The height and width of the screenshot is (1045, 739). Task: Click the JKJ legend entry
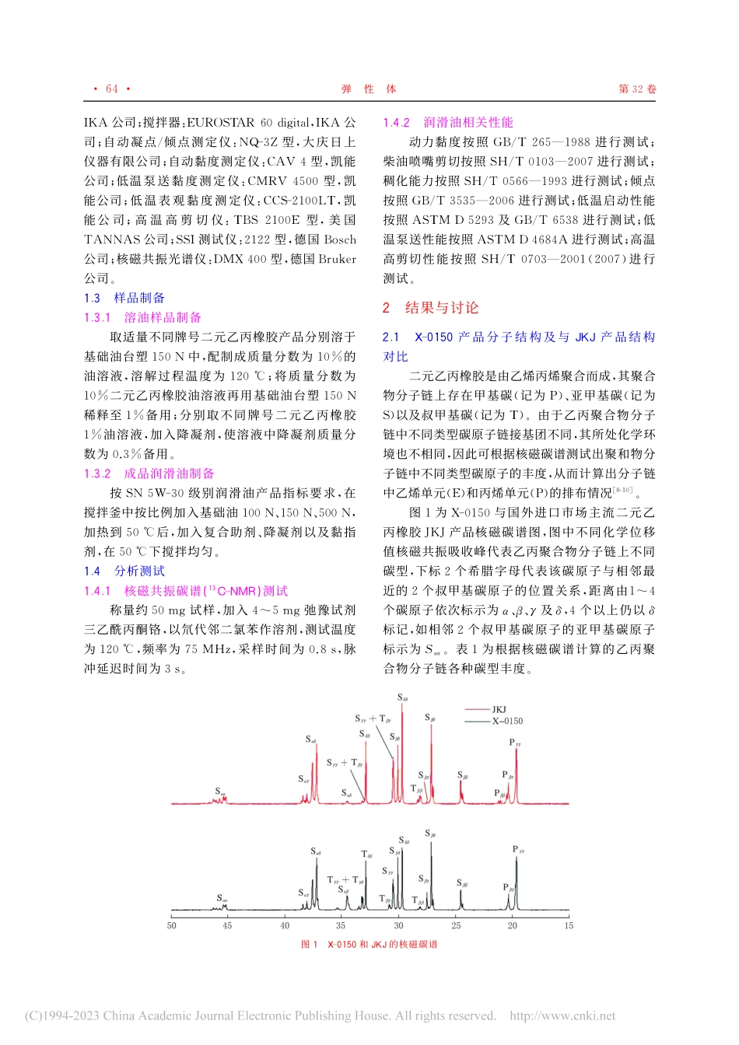click(x=499, y=709)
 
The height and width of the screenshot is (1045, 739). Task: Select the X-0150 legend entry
click(x=506, y=721)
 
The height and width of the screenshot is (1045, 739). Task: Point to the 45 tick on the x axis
click(x=227, y=925)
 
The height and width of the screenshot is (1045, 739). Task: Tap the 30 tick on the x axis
click(x=398, y=925)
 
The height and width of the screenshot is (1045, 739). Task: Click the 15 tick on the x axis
click(x=569, y=925)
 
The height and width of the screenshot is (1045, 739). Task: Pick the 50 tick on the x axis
click(x=171, y=925)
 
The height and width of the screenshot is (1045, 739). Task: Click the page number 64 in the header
click(x=112, y=89)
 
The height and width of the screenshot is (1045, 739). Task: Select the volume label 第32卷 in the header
click(x=637, y=89)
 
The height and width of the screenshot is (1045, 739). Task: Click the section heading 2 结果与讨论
click(x=431, y=308)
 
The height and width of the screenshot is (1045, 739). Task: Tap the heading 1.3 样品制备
click(x=124, y=298)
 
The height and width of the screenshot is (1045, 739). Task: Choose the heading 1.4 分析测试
click(x=124, y=571)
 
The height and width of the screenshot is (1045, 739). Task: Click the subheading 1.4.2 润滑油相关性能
click(x=448, y=122)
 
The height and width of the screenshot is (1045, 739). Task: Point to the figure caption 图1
click(x=369, y=944)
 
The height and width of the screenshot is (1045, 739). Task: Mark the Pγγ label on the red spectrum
click(x=515, y=743)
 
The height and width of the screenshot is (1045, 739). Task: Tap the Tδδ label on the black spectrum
click(x=366, y=855)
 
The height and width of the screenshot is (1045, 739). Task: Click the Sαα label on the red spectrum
click(x=220, y=792)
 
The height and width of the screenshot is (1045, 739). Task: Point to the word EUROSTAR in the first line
click(x=221, y=122)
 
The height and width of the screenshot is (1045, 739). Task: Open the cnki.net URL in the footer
click(x=562, y=1015)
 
